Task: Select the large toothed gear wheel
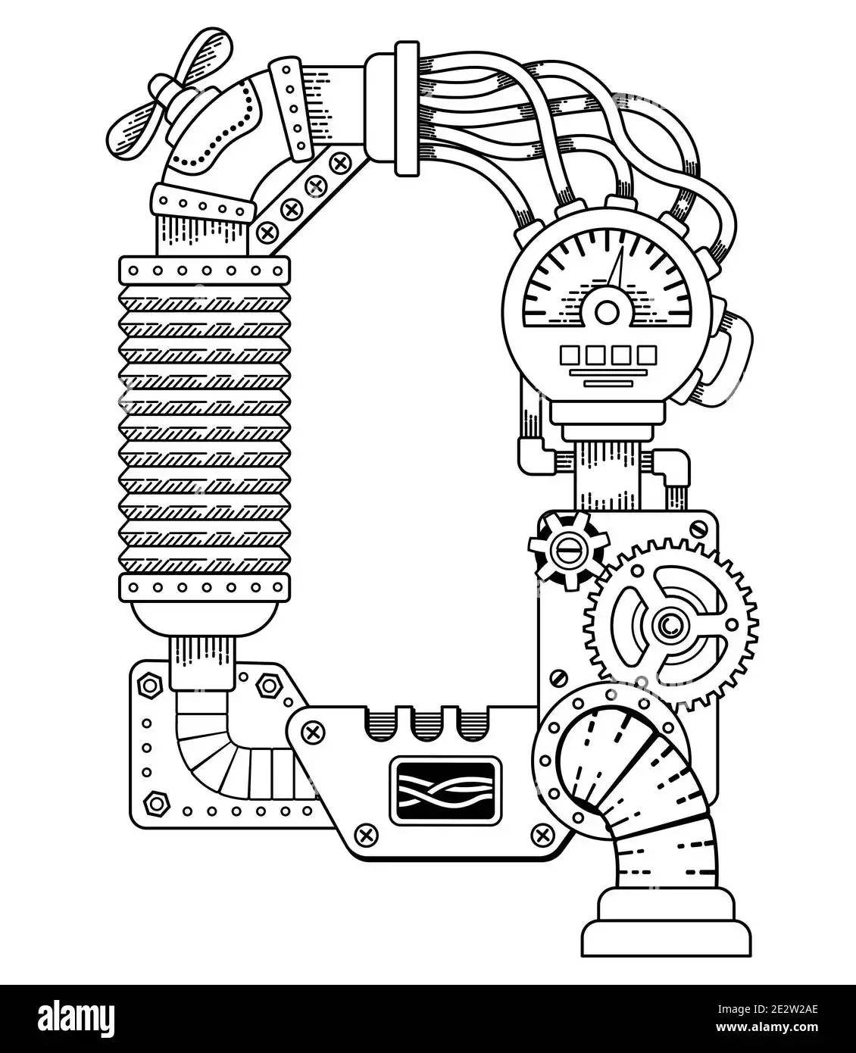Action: coord(670,624)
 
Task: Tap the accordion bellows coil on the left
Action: coord(205,428)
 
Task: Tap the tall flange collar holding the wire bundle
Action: coord(407,108)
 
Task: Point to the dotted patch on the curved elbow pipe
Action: coord(217,130)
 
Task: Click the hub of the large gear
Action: coord(670,625)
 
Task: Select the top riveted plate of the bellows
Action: coord(205,270)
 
